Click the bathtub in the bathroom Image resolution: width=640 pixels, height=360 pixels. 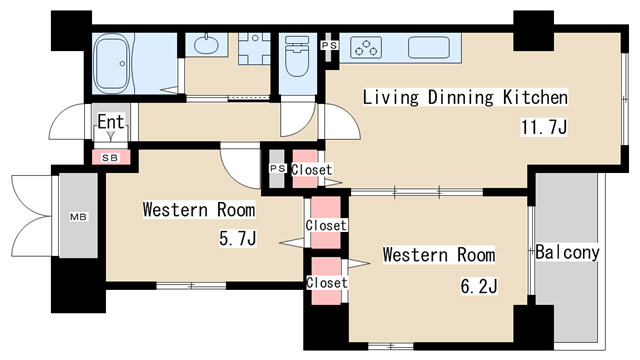pyautogui.click(x=111, y=64)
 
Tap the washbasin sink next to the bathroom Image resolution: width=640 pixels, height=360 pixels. pyautogui.click(x=206, y=44)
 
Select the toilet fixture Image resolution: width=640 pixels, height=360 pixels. pyautogui.click(x=297, y=56)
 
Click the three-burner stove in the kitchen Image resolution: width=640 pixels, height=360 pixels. pyautogui.click(x=366, y=47)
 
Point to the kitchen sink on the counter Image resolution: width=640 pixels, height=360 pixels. pyautogui.click(x=429, y=47)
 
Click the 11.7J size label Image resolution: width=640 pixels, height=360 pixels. pyautogui.click(x=544, y=127)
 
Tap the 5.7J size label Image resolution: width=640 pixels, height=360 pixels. pyautogui.click(x=238, y=239)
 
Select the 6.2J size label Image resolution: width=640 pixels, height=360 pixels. pyautogui.click(x=479, y=287)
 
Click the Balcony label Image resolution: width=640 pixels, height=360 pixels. pyautogui.click(x=567, y=252)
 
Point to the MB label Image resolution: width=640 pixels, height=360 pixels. pyautogui.click(x=78, y=217)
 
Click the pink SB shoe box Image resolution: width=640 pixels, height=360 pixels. pyautogui.click(x=111, y=158)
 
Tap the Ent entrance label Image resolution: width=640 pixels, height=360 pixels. pyautogui.click(x=111, y=122)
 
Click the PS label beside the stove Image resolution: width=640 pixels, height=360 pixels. pyautogui.click(x=329, y=45)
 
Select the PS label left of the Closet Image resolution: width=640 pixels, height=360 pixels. pyautogui.click(x=278, y=168)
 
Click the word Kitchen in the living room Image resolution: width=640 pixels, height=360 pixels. pyautogui.click(x=535, y=98)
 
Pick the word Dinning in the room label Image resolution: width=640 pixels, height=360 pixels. pyautogui.click(x=461, y=98)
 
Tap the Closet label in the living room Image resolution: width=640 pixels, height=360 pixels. pyautogui.click(x=311, y=169)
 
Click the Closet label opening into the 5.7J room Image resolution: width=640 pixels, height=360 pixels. pyautogui.click(x=326, y=225)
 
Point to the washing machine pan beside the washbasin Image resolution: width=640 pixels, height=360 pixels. pyautogui.click(x=254, y=49)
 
